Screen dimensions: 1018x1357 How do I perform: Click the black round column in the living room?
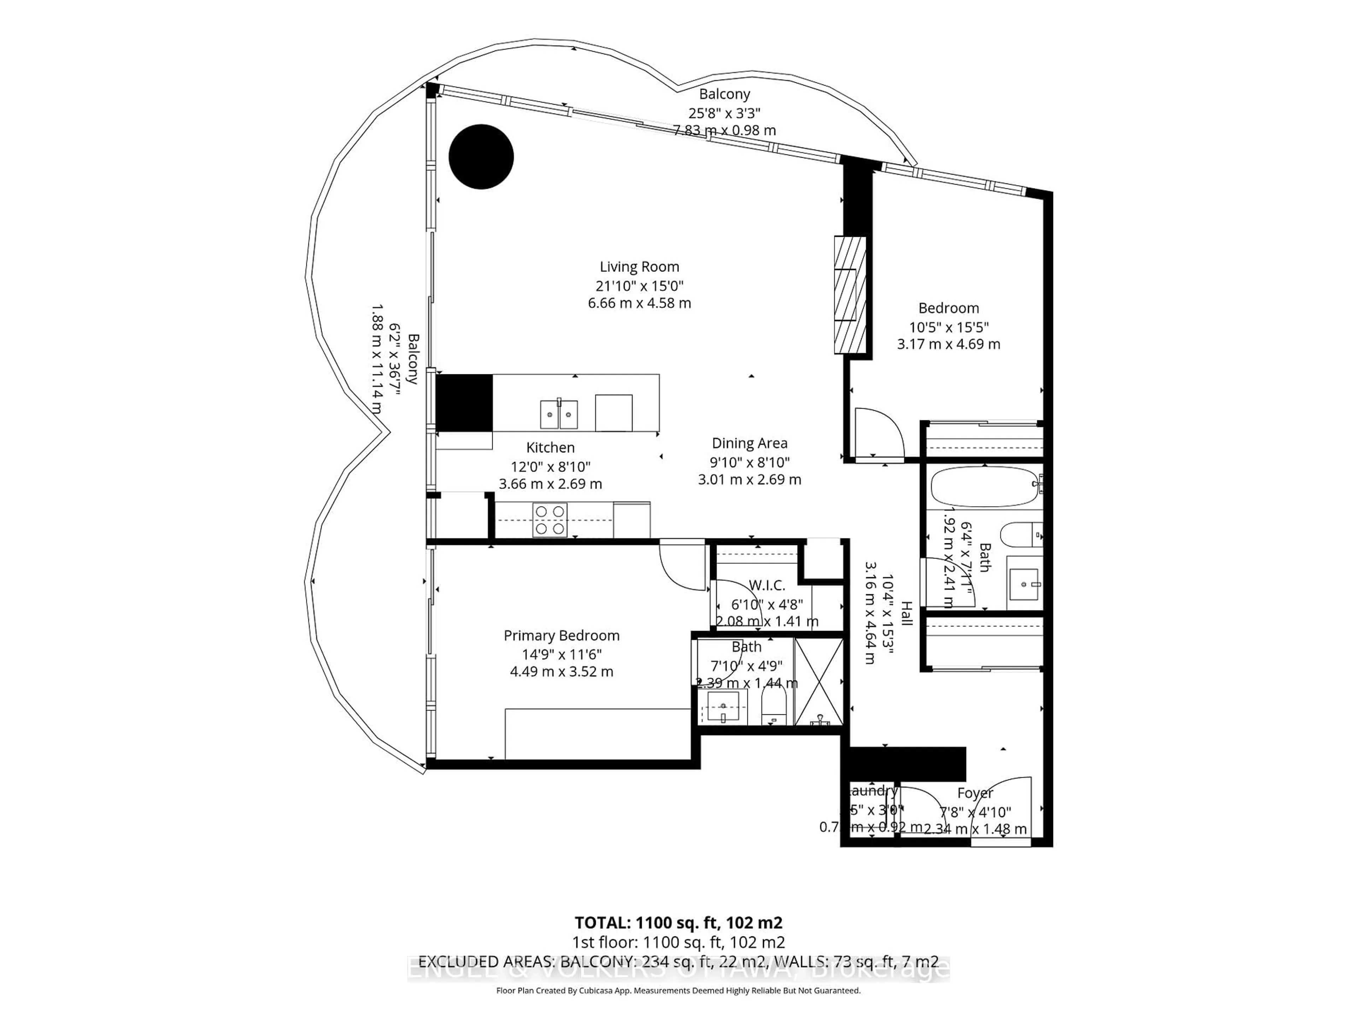coord(481,157)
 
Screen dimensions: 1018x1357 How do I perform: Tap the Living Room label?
coord(639,267)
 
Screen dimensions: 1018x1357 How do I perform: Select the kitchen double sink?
coord(558,414)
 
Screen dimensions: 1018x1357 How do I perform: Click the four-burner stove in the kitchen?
coord(550,520)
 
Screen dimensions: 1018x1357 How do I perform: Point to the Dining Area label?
coord(749,443)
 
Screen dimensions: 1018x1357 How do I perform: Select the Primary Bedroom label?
coord(561,636)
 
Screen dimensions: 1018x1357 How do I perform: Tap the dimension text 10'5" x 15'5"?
coord(948,327)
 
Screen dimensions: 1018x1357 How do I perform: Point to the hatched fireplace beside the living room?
coord(850,294)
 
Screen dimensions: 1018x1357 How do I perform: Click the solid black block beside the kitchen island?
coord(464,403)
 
